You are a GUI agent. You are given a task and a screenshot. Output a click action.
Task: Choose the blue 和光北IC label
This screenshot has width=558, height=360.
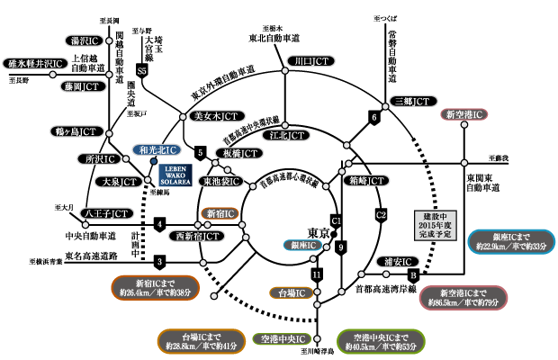(x=157, y=149)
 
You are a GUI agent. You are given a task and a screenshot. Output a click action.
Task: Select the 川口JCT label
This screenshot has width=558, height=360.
(x=307, y=60)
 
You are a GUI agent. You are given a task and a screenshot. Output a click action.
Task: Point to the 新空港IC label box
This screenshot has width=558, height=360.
(x=463, y=114)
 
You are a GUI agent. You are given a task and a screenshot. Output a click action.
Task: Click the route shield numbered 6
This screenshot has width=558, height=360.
(x=373, y=117)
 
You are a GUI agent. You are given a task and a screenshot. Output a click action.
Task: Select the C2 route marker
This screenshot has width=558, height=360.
(x=381, y=213)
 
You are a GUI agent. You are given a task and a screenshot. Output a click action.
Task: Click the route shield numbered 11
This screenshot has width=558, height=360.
(x=316, y=274)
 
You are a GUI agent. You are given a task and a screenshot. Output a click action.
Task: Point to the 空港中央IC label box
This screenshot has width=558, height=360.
(x=277, y=339)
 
